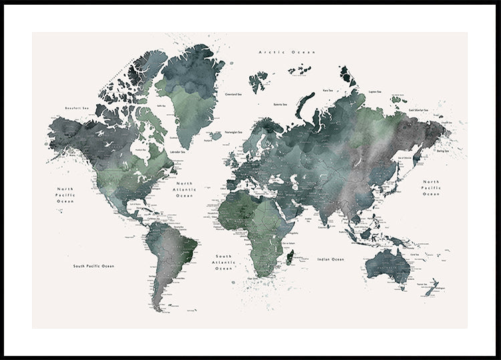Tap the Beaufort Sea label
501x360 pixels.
[77, 108]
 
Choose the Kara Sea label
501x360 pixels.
[328, 90]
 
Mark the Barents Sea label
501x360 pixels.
[281, 104]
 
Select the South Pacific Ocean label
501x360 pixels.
[94, 266]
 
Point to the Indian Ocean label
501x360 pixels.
[331, 259]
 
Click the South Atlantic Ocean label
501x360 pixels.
[223, 262]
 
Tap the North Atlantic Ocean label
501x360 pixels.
[184, 190]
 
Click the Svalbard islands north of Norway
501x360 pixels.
[258, 81]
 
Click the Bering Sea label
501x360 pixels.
[442, 152]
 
